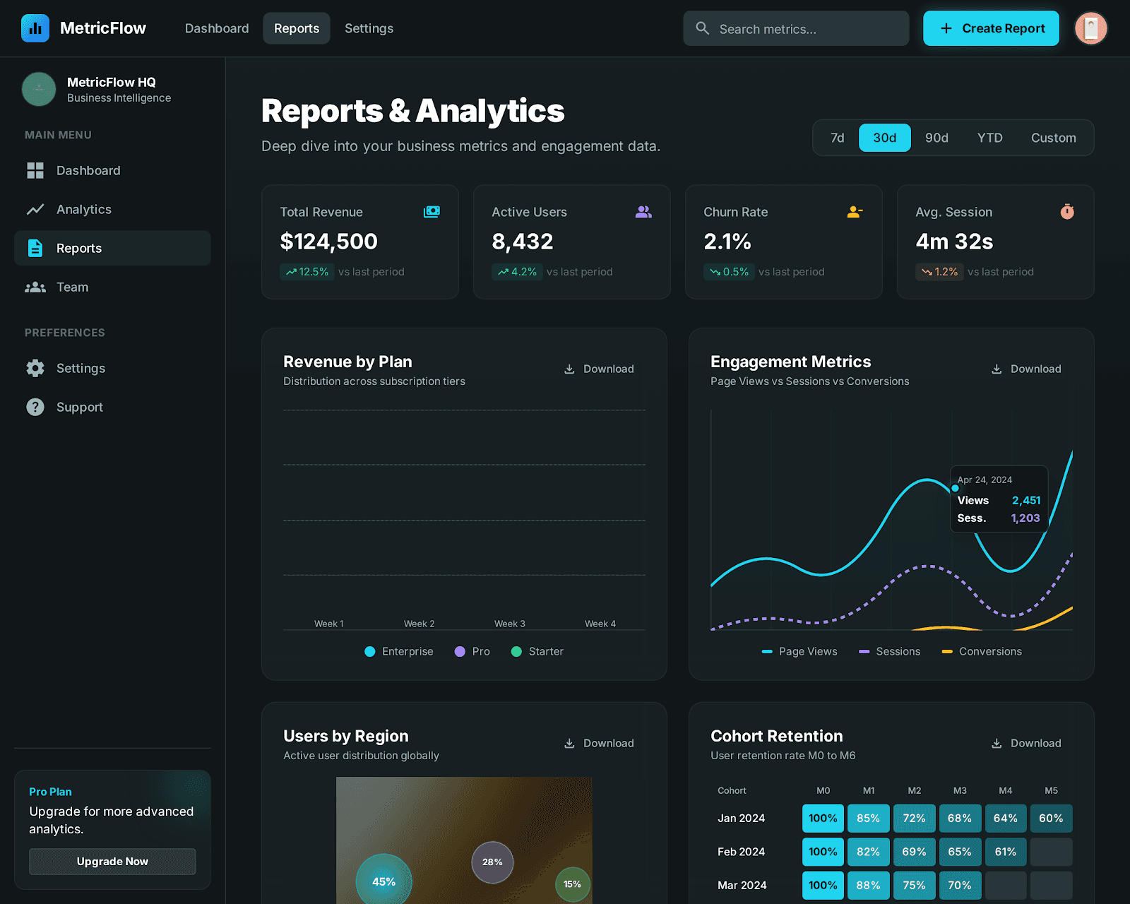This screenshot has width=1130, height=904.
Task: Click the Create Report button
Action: (x=991, y=28)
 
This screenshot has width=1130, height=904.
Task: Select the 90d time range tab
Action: (x=936, y=138)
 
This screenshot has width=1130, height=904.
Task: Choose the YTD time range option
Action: (x=989, y=138)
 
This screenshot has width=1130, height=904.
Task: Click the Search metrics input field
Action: (x=796, y=29)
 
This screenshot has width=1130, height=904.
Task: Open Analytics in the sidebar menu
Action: (x=84, y=209)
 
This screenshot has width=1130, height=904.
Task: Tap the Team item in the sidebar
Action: (x=72, y=287)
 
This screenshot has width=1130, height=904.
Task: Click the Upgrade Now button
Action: (x=112, y=862)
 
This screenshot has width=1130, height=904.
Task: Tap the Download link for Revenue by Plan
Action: (x=599, y=369)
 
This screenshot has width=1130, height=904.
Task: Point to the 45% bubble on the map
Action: (x=383, y=881)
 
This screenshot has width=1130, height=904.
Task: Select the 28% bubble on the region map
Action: (x=492, y=862)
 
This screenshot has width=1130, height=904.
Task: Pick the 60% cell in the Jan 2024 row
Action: (x=1051, y=818)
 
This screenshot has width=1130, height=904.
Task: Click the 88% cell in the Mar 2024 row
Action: (x=868, y=885)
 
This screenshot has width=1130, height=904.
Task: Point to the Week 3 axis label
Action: (x=509, y=624)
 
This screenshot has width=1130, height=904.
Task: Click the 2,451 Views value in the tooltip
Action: (x=1025, y=500)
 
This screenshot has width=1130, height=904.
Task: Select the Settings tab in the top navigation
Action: (x=369, y=28)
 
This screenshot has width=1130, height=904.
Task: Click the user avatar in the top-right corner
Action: (x=1090, y=28)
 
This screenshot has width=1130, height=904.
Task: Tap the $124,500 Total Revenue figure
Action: (x=328, y=242)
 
